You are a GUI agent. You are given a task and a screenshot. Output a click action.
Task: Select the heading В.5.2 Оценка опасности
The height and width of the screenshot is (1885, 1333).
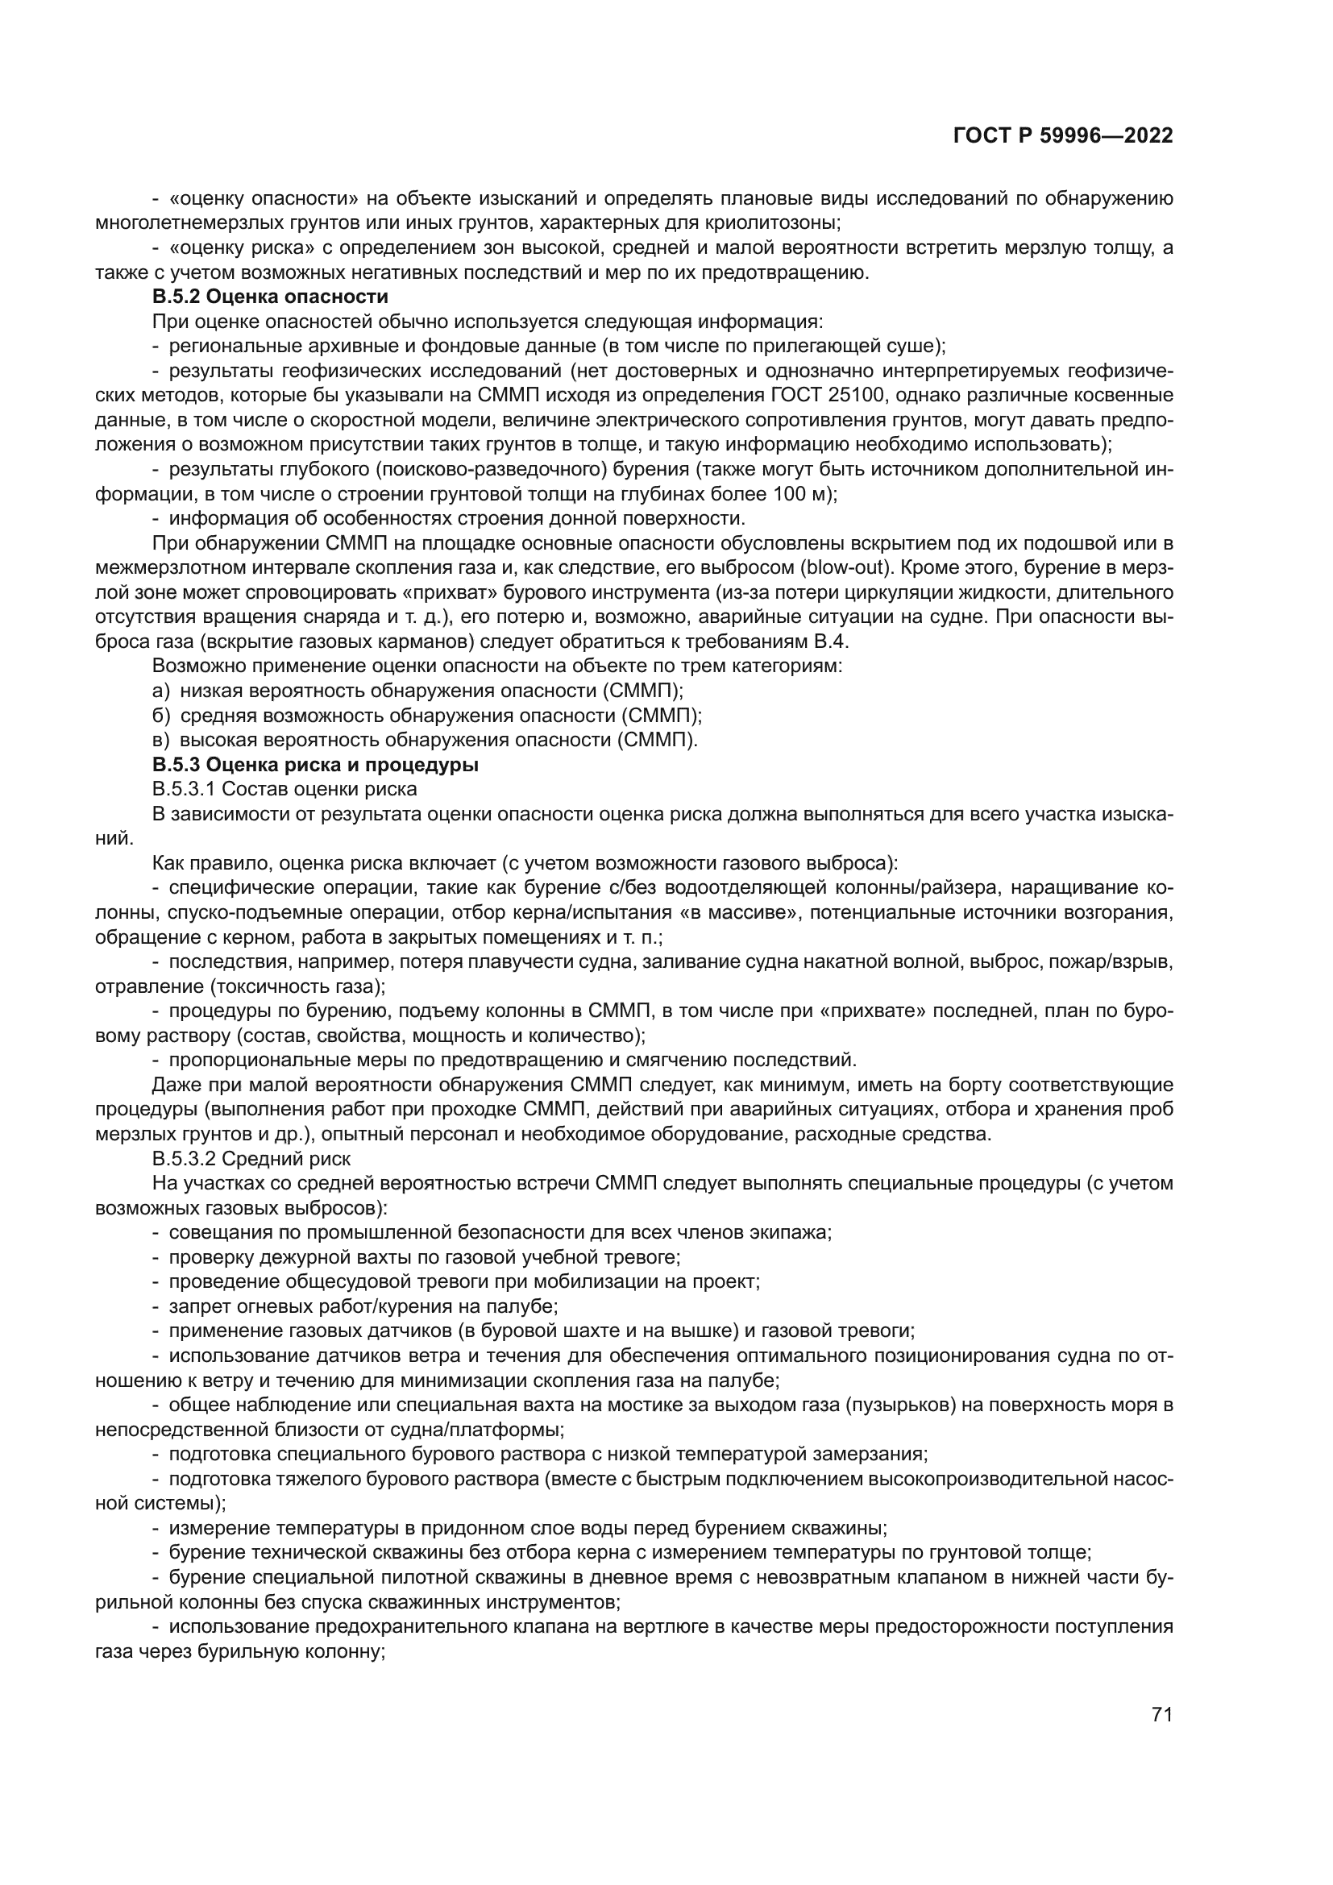click(270, 297)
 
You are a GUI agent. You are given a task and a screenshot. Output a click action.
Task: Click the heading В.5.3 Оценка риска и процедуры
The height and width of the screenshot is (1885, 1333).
click(315, 765)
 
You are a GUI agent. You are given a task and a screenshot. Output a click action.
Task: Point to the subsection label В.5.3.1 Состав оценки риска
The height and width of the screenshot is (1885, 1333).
click(284, 790)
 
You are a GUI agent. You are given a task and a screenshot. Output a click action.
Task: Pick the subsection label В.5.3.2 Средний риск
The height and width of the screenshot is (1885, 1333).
click(251, 1159)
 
